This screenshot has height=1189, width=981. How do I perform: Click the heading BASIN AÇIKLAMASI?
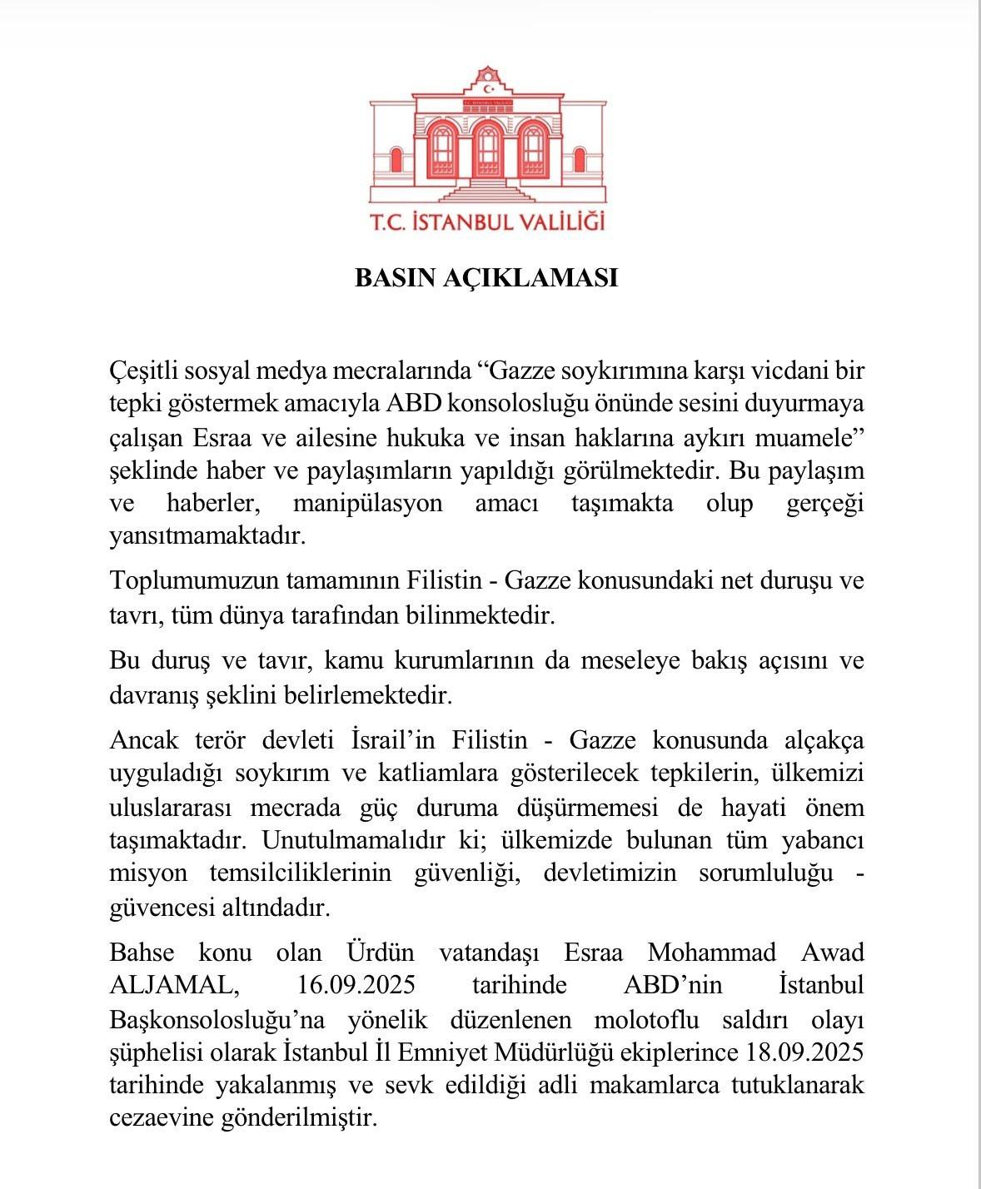click(x=486, y=277)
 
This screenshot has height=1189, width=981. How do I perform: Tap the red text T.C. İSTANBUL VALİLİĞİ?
click(x=487, y=221)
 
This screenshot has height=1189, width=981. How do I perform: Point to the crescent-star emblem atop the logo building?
click(x=490, y=87)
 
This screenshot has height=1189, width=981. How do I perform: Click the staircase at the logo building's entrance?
click(x=488, y=192)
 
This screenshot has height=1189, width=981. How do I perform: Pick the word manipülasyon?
click(x=367, y=504)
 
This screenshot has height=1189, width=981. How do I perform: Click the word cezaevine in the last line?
click(x=159, y=1118)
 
